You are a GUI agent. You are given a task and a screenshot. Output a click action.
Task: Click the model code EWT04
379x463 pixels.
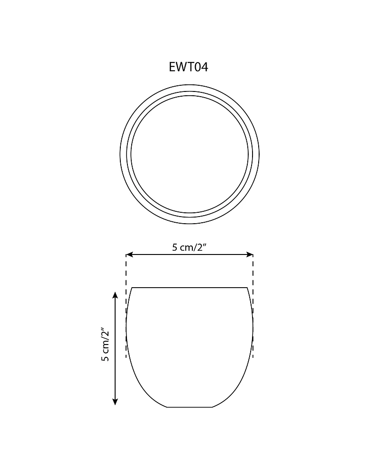tap(189, 67)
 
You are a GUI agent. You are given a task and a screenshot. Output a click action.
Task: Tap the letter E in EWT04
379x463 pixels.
tap(172, 67)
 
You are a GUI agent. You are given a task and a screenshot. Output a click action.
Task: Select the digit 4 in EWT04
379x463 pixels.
tap(205, 67)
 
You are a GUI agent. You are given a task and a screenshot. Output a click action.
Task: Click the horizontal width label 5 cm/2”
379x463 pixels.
tap(189, 247)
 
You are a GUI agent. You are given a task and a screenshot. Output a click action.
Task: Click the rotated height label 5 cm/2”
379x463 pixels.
tap(105, 344)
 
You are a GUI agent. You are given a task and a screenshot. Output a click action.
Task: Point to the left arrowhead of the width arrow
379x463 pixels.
tap(129, 254)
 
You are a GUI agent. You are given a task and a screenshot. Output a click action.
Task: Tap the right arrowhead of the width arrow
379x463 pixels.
tap(250, 254)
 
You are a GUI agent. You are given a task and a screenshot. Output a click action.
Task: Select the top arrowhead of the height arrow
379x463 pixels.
tap(116, 295)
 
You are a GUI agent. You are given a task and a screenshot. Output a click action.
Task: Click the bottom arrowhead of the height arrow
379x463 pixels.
tap(116, 401)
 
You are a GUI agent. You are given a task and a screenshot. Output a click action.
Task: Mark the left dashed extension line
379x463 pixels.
tap(126, 306)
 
